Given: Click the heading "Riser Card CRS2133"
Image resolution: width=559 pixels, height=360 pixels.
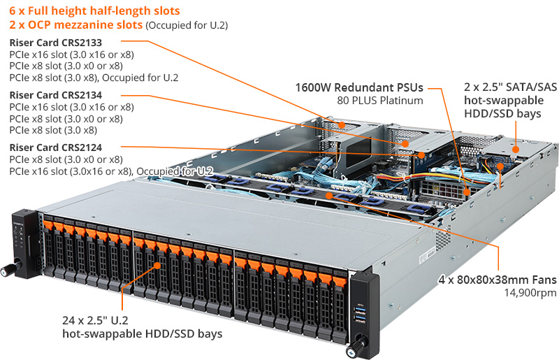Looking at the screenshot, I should point(55,42).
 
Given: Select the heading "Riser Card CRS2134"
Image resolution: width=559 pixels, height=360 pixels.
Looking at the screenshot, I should point(55,95).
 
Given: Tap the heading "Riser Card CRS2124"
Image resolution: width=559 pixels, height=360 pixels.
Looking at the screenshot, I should point(55,147).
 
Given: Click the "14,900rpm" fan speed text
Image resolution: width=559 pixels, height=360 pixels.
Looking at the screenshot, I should point(532,292).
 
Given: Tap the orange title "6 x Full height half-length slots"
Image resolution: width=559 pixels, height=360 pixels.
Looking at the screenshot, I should point(94,11).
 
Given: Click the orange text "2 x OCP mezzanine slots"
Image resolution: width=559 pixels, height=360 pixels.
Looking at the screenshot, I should point(75,24).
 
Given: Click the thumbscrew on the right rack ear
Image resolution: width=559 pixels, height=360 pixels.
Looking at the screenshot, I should point(360,343).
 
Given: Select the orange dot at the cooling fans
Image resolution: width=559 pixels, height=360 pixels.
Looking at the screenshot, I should point(329,196).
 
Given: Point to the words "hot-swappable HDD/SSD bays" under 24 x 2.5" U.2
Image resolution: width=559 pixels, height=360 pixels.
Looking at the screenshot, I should point(142,333).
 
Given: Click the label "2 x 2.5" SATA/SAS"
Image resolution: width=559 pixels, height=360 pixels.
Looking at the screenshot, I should point(511,88).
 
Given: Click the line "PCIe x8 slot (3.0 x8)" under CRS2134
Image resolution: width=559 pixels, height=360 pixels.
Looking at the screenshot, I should point(53,130).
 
